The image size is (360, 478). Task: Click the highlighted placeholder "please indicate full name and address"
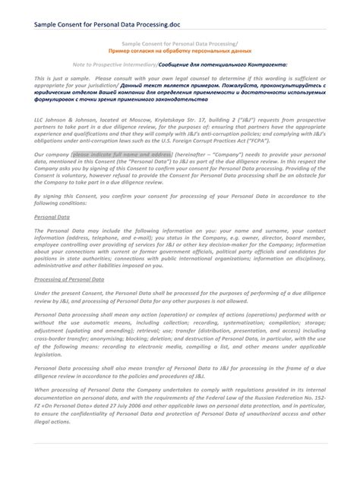pos(122,153)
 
